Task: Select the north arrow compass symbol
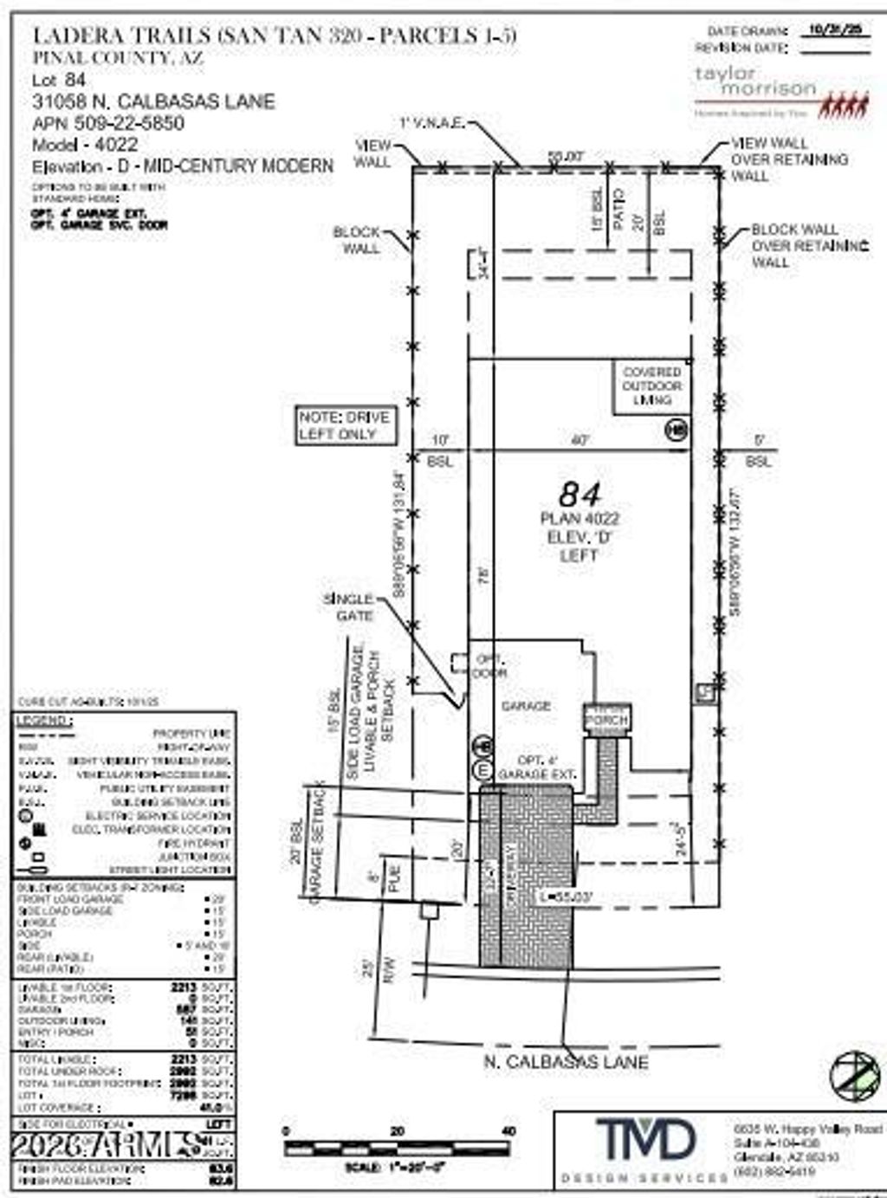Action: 854,1075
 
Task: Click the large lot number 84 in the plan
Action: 579,495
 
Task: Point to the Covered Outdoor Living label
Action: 652,386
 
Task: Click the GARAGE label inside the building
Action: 526,706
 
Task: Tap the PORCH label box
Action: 606,719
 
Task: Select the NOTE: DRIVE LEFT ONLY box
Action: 344,425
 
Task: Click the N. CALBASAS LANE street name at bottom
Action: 566,1062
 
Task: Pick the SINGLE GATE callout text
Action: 349,607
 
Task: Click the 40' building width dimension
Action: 579,440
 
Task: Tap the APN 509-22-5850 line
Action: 108,123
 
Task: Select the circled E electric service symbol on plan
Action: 482,769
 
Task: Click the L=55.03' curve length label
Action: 565,897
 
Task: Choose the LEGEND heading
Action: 43,721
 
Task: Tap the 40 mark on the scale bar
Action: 508,1130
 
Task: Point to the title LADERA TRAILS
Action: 121,36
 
